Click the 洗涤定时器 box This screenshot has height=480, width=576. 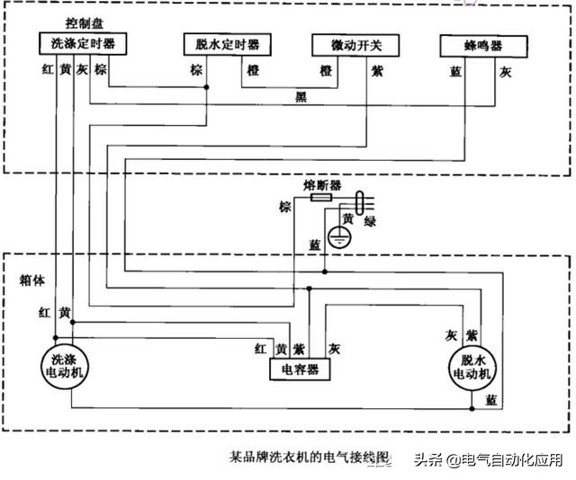click(83, 43)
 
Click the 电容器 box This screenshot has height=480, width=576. click(300, 369)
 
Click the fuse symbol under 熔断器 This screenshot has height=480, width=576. click(320, 196)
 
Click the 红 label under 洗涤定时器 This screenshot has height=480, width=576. click(47, 68)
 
